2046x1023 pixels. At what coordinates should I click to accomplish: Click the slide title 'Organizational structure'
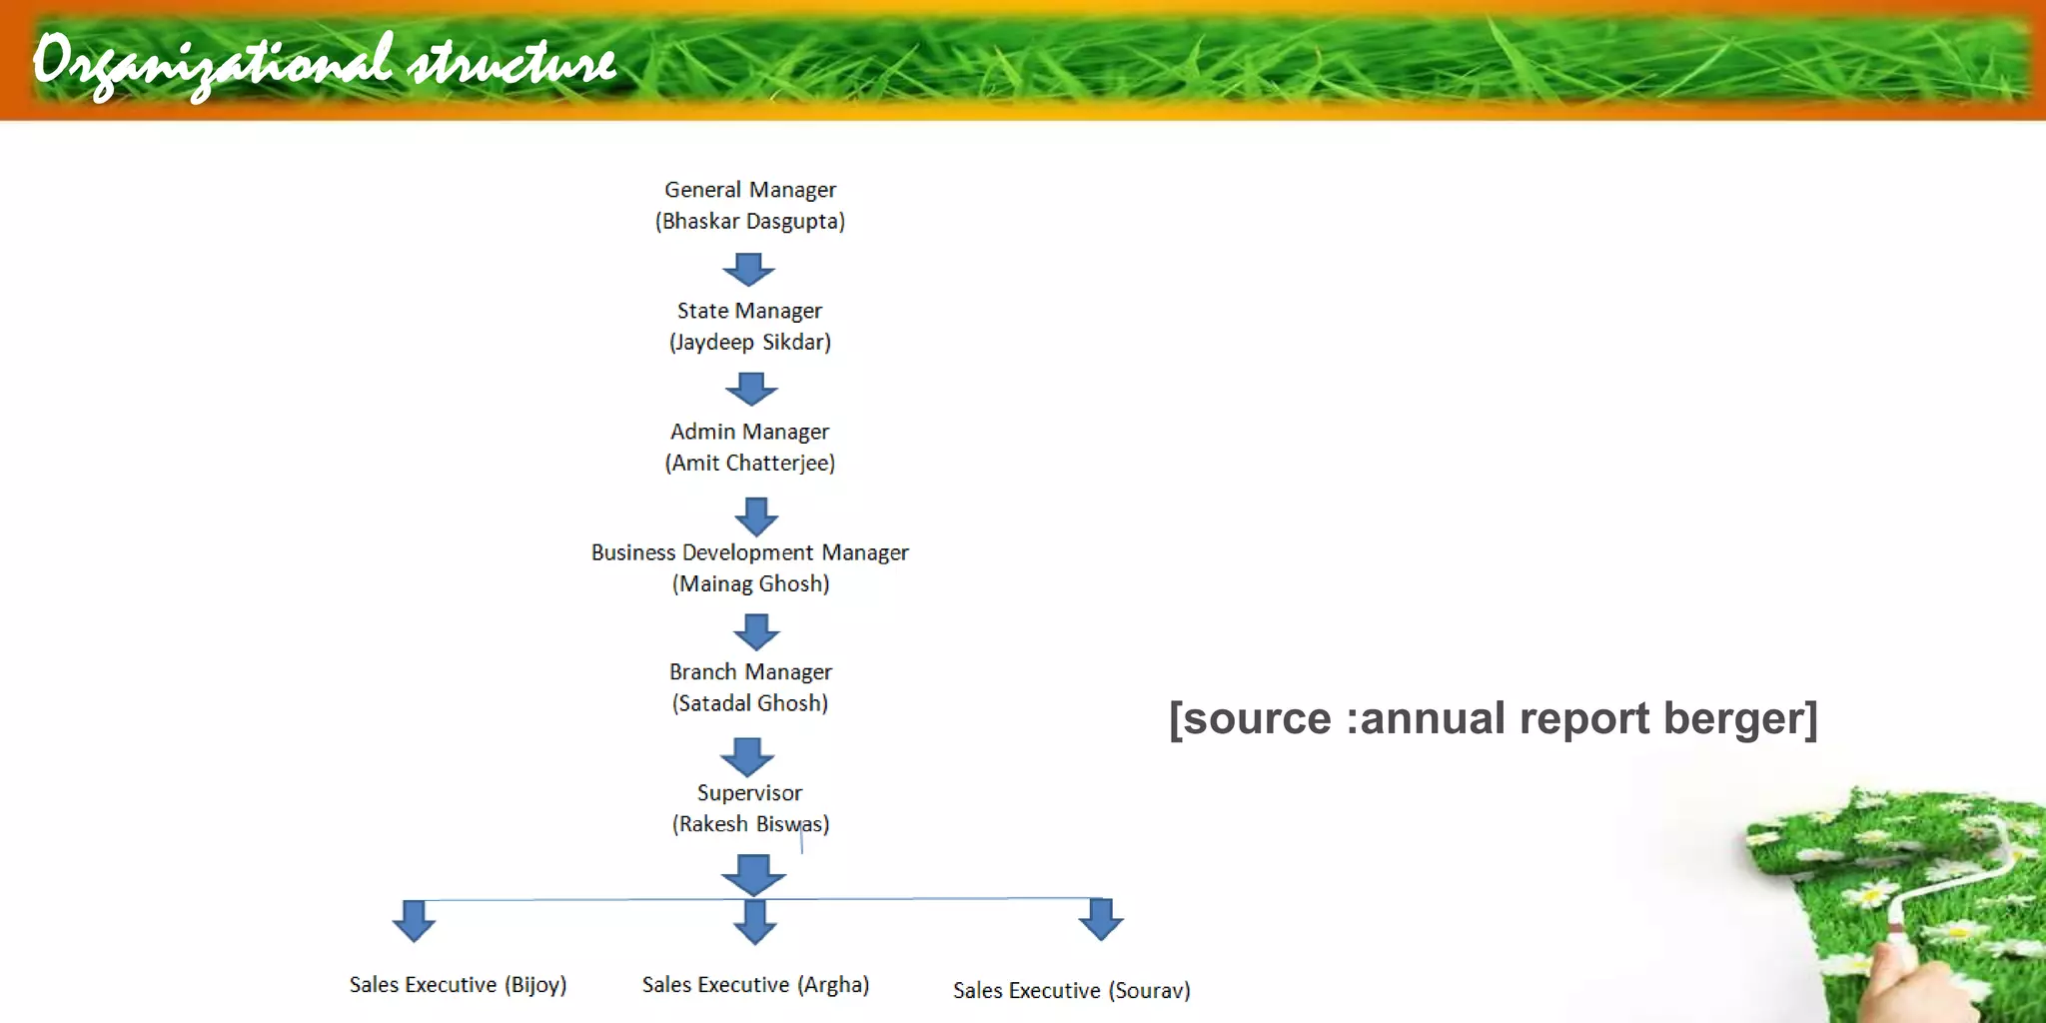pos(325,62)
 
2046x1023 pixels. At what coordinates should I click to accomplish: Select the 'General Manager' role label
pos(749,190)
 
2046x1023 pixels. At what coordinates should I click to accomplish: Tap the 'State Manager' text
pos(749,311)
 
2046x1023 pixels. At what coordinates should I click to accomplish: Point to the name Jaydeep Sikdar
pos(749,342)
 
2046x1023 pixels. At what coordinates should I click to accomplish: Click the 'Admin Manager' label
pos(749,432)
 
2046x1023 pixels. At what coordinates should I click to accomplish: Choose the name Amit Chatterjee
pos(749,463)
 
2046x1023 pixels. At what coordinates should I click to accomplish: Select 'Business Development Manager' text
pos(749,552)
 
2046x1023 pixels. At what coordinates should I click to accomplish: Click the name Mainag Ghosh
pos(750,583)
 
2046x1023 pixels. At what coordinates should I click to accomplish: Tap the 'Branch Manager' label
pos(750,672)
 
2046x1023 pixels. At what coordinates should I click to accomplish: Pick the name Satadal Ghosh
pos(750,703)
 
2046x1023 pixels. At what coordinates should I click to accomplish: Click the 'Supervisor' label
pos(749,793)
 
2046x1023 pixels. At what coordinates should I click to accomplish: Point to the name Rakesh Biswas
pos(750,824)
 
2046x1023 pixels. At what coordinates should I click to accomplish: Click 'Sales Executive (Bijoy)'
pos(458,985)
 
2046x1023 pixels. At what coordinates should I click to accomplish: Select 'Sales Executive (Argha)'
pos(755,985)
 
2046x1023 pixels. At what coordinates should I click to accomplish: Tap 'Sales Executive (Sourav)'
pos(1071,990)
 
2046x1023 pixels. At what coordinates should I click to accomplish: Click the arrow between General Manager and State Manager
pos(748,269)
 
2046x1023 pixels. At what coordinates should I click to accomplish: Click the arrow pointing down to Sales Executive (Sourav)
pos(1101,919)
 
